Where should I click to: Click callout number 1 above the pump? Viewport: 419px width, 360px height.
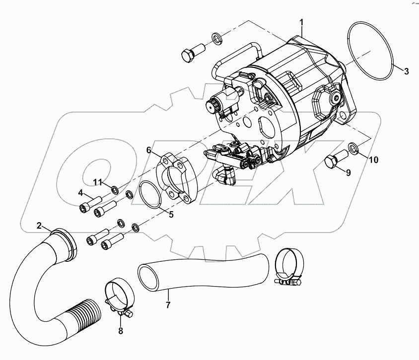pos(301,22)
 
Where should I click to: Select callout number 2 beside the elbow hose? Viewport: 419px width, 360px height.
pos(39,226)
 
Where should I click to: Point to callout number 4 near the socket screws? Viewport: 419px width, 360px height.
pos(80,193)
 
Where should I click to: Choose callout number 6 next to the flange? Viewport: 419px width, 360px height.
pos(148,150)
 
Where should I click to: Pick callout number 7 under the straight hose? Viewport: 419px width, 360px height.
pos(168,305)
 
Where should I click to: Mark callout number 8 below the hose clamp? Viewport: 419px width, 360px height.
pos(120,331)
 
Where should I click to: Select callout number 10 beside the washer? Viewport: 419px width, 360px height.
pos(373,160)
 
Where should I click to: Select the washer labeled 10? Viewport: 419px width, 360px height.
pos(353,147)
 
